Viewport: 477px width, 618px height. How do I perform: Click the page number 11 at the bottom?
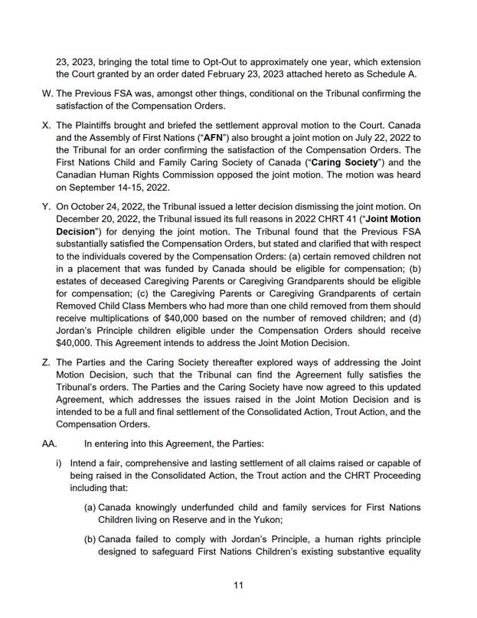[x=238, y=585]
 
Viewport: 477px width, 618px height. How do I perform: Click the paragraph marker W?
[x=43, y=93]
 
